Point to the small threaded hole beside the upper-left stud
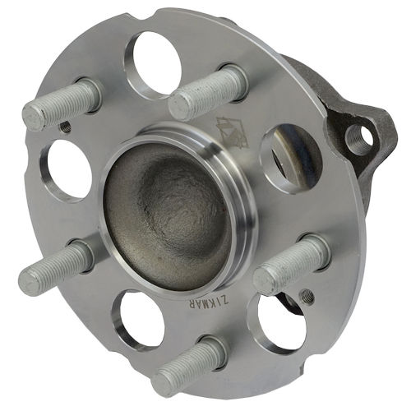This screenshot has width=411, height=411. coord(65,127)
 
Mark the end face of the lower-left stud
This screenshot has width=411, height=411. coord(30,282)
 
